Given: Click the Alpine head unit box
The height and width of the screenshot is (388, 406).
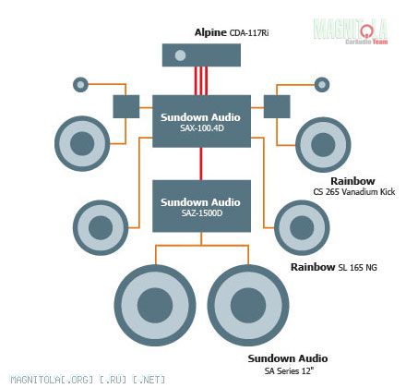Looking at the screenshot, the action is click(x=201, y=55).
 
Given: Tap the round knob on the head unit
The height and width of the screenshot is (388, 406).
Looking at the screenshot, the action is click(x=180, y=55).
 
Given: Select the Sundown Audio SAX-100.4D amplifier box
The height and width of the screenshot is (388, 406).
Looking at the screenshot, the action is click(x=202, y=121).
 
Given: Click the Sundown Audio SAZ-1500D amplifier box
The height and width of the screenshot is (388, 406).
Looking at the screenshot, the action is click(x=202, y=206).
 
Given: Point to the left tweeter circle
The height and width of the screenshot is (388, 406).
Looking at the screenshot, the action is click(x=80, y=84).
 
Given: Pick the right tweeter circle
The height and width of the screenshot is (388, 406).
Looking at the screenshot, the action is click(x=322, y=84).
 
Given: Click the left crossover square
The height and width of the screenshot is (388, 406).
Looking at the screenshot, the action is click(x=126, y=106).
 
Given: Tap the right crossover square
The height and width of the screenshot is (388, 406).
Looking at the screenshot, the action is click(x=277, y=106).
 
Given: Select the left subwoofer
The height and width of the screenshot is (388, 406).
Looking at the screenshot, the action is click(x=155, y=305).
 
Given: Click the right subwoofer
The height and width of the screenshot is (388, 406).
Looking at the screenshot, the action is click(x=248, y=305).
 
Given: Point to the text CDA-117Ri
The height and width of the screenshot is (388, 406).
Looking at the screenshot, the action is click(x=249, y=33).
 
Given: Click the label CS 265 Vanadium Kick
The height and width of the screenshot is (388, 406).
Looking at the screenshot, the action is click(x=354, y=192).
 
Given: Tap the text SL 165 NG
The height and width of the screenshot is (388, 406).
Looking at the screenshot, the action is click(x=357, y=268).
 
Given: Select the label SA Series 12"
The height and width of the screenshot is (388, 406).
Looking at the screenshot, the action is click(x=289, y=370).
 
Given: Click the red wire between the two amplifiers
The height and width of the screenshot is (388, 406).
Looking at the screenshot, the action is click(x=201, y=164).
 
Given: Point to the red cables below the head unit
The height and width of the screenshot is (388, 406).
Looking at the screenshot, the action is click(x=201, y=80).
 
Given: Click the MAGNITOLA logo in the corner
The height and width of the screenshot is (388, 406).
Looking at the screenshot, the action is click(x=351, y=31).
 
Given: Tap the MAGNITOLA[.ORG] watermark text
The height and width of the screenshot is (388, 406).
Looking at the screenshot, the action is click(x=88, y=380).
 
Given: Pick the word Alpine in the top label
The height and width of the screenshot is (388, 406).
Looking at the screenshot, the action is click(x=210, y=32).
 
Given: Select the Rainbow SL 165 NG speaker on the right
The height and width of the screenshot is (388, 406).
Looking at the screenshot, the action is click(x=302, y=228).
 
